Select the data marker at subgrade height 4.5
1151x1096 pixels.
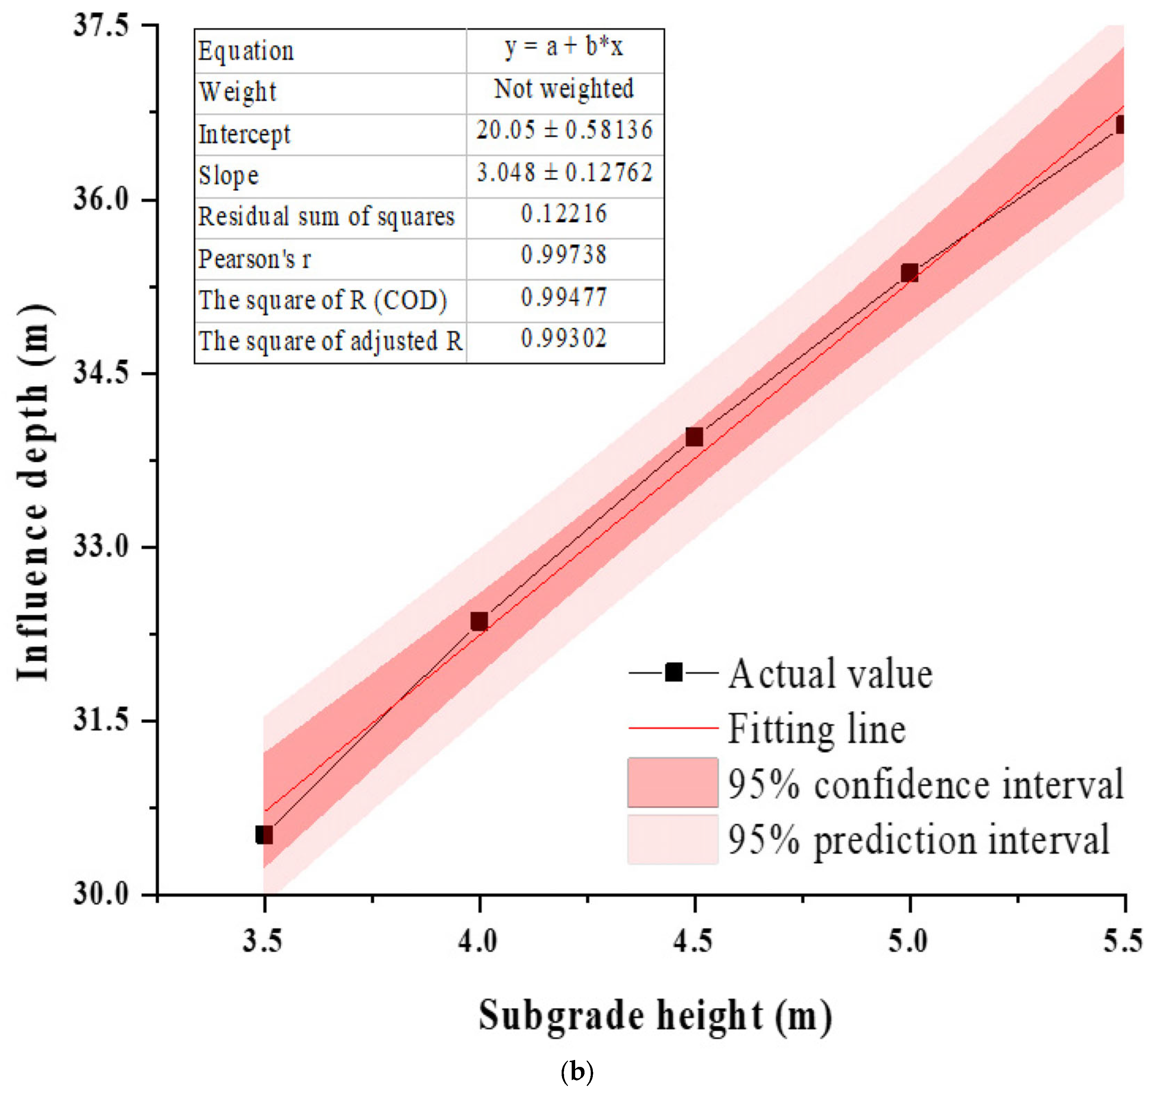[694, 437]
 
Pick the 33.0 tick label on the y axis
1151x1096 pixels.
[100, 547]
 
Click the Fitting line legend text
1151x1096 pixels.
[816, 729]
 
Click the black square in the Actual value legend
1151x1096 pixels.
[673, 672]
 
